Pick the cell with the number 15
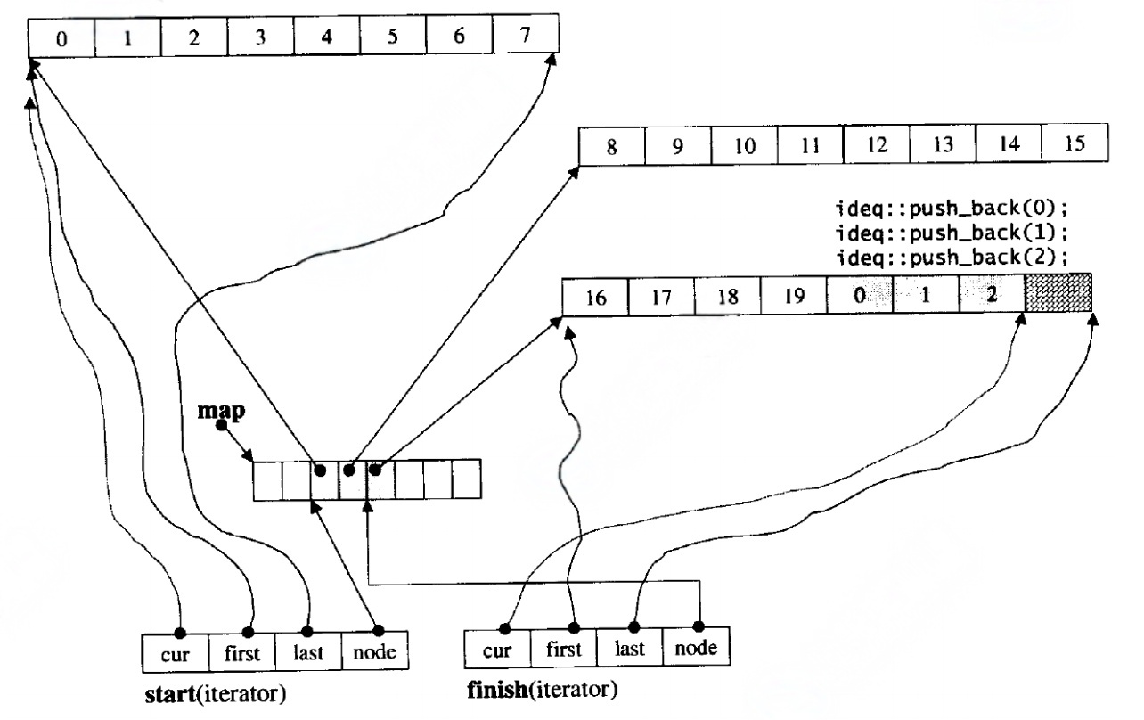click(1075, 144)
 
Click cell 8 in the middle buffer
click(611, 147)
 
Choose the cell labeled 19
click(793, 297)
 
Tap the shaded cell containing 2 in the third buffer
click(991, 295)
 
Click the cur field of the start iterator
click(176, 654)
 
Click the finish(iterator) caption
click(542, 690)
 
